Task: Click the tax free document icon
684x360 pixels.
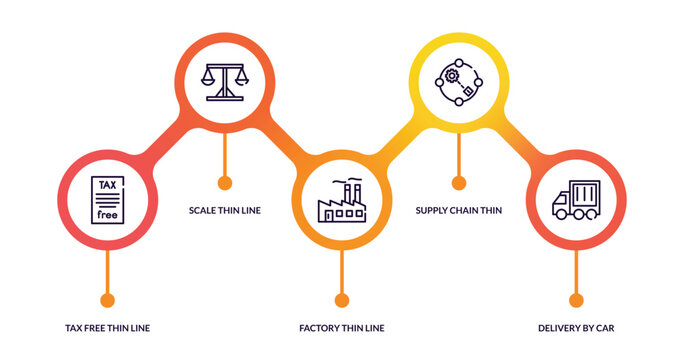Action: (x=107, y=201)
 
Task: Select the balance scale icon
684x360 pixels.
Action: (x=224, y=80)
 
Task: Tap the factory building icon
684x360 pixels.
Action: (x=341, y=202)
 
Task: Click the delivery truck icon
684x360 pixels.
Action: (x=576, y=201)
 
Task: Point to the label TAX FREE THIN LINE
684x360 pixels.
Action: (x=107, y=328)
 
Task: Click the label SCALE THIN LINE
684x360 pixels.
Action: (x=224, y=211)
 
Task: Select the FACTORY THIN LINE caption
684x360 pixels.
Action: (x=341, y=328)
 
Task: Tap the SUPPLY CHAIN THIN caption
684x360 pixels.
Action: (x=459, y=211)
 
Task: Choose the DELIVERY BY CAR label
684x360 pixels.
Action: (x=576, y=328)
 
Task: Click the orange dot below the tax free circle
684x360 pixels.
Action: (x=107, y=300)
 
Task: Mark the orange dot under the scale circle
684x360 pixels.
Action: (x=224, y=182)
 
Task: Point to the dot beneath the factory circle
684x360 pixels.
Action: (x=341, y=300)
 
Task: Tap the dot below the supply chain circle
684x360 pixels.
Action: (x=459, y=182)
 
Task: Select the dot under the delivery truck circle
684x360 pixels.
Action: (x=576, y=300)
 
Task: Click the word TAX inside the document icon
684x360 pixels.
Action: (x=107, y=185)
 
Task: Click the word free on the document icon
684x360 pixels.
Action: (x=107, y=216)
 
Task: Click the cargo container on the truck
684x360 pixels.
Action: (x=586, y=194)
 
